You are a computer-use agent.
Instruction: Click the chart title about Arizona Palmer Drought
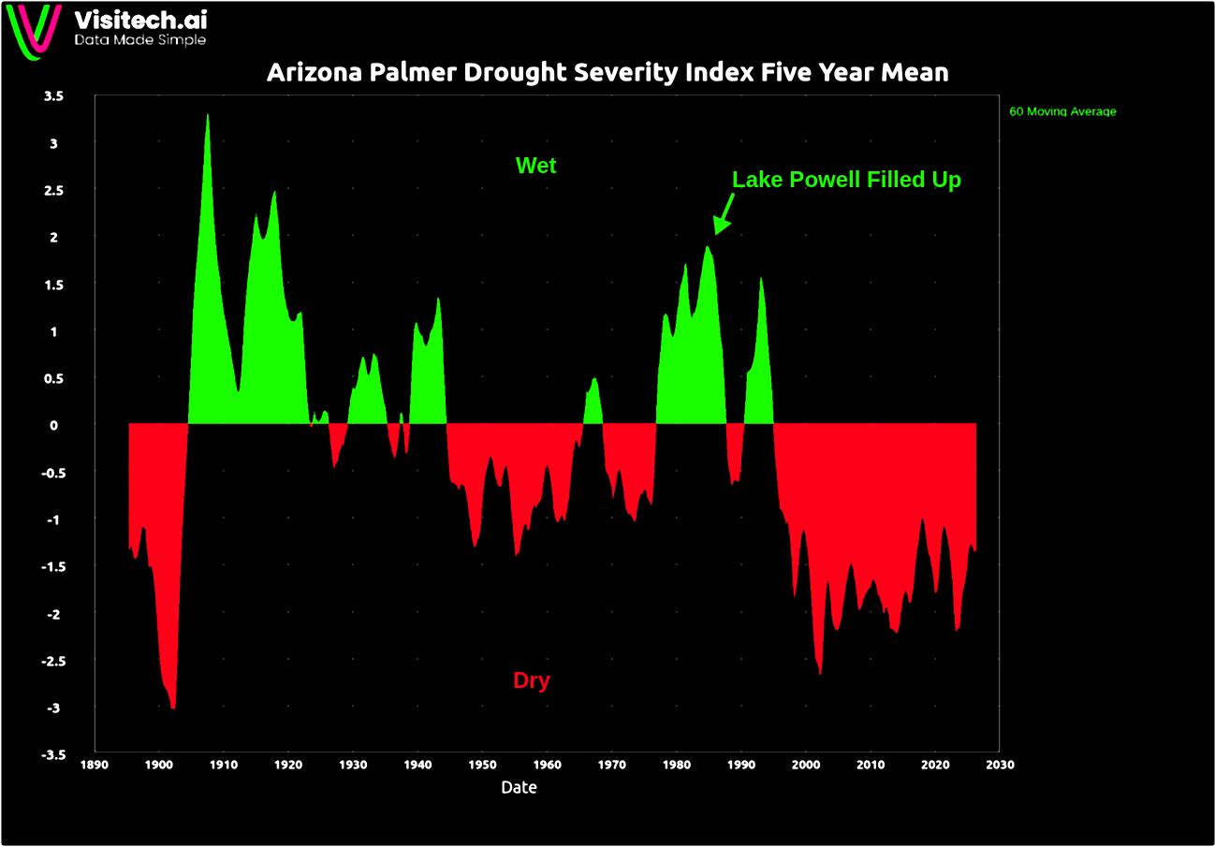(607, 73)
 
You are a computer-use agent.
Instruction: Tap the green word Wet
(535, 166)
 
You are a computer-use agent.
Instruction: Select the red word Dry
(532, 680)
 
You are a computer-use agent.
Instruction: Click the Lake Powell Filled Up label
(846, 180)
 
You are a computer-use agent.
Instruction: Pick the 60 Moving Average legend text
(1062, 111)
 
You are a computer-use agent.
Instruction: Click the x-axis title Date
(519, 788)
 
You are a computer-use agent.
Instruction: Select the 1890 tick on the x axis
(94, 765)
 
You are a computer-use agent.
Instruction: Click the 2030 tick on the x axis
(1000, 765)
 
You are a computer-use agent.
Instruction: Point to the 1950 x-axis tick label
(482, 765)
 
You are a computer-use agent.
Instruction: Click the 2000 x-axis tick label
(806, 765)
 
